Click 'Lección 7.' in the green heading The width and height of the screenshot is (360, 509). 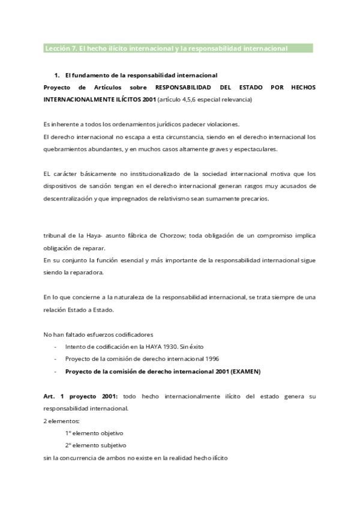point(59,48)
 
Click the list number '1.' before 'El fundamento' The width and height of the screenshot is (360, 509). point(56,75)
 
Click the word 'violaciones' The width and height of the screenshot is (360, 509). point(223,124)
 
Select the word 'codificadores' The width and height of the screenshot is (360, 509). point(134,334)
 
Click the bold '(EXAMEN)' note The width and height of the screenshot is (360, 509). point(245,371)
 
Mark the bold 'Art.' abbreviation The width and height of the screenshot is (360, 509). point(50,396)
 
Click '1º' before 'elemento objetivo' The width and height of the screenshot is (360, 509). point(68,433)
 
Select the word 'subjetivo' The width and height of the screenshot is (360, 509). point(113,445)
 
